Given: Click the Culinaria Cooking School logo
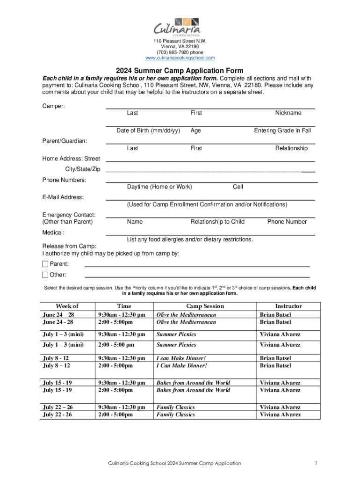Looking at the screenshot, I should pos(180,27).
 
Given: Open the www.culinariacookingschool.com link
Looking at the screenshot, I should pos(180,58).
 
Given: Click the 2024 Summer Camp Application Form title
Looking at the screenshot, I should pos(180,71).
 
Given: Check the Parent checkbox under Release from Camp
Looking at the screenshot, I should pos(45,264).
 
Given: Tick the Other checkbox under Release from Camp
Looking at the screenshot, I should pos(45,275).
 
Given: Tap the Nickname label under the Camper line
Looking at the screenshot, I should pos(288,113).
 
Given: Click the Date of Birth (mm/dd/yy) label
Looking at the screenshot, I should pos(148,131).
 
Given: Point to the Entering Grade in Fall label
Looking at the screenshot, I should pos(282,131).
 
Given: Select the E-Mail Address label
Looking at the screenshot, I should pos(63,197).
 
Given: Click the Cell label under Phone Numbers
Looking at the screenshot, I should pos(238,187).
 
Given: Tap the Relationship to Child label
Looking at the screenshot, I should pos(217,222).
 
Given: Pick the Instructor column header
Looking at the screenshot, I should pos(288,306).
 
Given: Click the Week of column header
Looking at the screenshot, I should pos(67,306).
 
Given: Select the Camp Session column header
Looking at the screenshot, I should pos(205,306).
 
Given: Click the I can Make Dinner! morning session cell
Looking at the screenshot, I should pos(181,358).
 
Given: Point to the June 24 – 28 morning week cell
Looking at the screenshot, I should pos(58,315).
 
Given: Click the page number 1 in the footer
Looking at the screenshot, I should pos(317,463).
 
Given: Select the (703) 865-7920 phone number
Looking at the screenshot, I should pos(180,52).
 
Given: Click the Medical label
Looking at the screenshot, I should pos(53,232).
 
